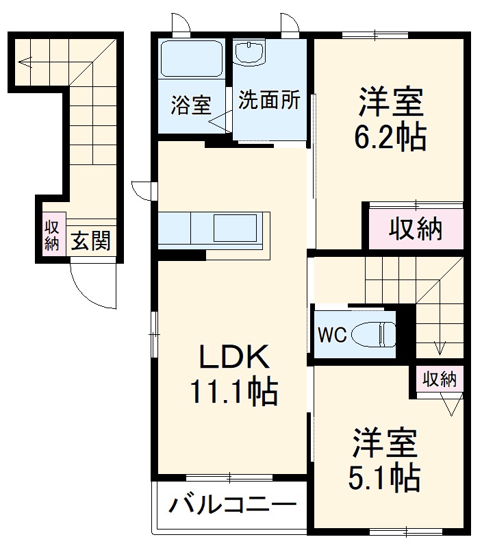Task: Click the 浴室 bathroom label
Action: pyautogui.click(x=190, y=106)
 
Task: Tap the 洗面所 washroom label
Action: pyautogui.click(x=269, y=101)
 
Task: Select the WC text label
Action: pyautogui.click(x=331, y=335)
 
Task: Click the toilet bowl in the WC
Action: pyautogui.click(x=372, y=335)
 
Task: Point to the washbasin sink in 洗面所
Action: pyautogui.click(x=251, y=53)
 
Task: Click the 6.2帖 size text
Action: pyautogui.click(x=390, y=137)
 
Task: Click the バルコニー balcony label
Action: pyautogui.click(x=233, y=508)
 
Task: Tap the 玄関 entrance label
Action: pyautogui.click(x=90, y=240)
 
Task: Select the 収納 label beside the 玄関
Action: pyautogui.click(x=52, y=235)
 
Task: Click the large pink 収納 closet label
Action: pyautogui.click(x=416, y=229)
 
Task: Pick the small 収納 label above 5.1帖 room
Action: pyautogui.click(x=439, y=379)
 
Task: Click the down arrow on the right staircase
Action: pyautogui.click(x=439, y=348)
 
